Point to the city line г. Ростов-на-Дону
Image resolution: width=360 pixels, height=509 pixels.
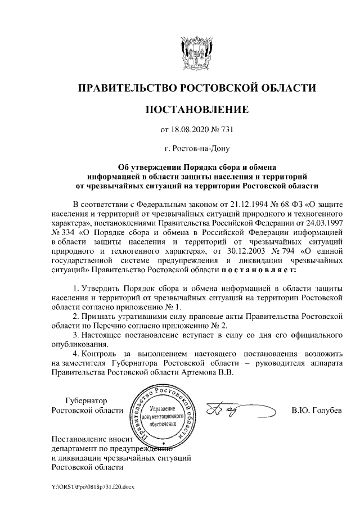coord(196,149)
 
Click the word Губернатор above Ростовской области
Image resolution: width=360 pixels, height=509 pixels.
coord(85,400)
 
